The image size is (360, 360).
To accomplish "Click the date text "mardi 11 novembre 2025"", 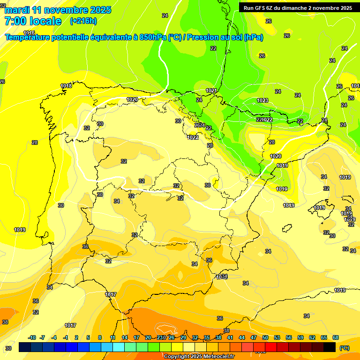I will [x=58, y=10].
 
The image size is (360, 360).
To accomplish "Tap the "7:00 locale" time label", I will [x=33, y=21].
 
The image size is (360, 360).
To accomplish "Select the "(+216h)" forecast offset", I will [x=83, y=21].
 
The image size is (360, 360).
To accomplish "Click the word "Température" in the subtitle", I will [x=30, y=37].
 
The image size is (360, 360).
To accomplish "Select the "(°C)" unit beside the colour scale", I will [x=344, y=347].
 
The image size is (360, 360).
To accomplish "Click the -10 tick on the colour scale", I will [x=32, y=337].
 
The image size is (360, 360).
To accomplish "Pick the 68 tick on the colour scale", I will [x=336, y=337].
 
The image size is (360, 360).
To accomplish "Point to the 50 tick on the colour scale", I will [x=265, y=337].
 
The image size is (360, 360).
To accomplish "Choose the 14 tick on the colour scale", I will [x=125, y=337].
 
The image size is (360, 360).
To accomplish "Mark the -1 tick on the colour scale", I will [x=66, y=337].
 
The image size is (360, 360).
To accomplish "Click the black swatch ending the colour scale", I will [x=330, y=347].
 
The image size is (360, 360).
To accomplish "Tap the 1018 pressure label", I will [x=66, y=86].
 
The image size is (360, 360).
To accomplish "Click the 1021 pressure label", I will [x=211, y=90].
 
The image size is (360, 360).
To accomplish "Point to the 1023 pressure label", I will [x=262, y=100].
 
